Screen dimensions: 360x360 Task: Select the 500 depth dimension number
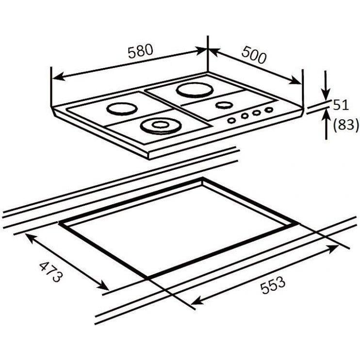(x=254, y=55)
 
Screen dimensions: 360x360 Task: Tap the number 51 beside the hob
(x=341, y=105)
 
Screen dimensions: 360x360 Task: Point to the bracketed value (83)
(x=345, y=125)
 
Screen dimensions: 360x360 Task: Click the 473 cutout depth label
(x=51, y=272)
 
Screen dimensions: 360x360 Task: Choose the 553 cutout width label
(x=273, y=285)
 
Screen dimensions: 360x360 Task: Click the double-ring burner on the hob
(x=161, y=126)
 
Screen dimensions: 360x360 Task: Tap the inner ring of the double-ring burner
(x=160, y=125)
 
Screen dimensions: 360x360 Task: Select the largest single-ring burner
(x=195, y=90)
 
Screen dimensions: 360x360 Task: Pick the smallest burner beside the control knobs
(x=224, y=105)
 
